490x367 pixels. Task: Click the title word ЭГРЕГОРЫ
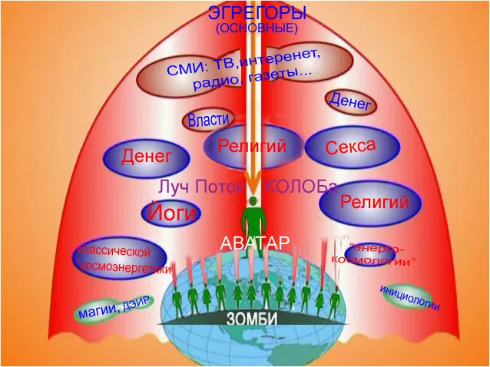pyautogui.click(x=257, y=13)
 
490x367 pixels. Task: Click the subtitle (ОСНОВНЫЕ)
pyautogui.click(x=257, y=28)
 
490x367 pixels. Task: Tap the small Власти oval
pyautogui.click(x=208, y=121)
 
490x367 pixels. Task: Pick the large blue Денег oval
pyautogui.click(x=156, y=157)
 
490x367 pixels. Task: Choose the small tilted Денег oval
pyautogui.click(x=352, y=101)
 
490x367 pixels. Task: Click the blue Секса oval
pyautogui.click(x=353, y=147)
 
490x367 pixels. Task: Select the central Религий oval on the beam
pyautogui.click(x=251, y=146)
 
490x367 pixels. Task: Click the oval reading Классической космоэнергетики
pyautogui.click(x=121, y=260)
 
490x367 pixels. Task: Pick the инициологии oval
pyautogui.click(x=409, y=298)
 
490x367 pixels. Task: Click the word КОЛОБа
pyautogui.click(x=301, y=187)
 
